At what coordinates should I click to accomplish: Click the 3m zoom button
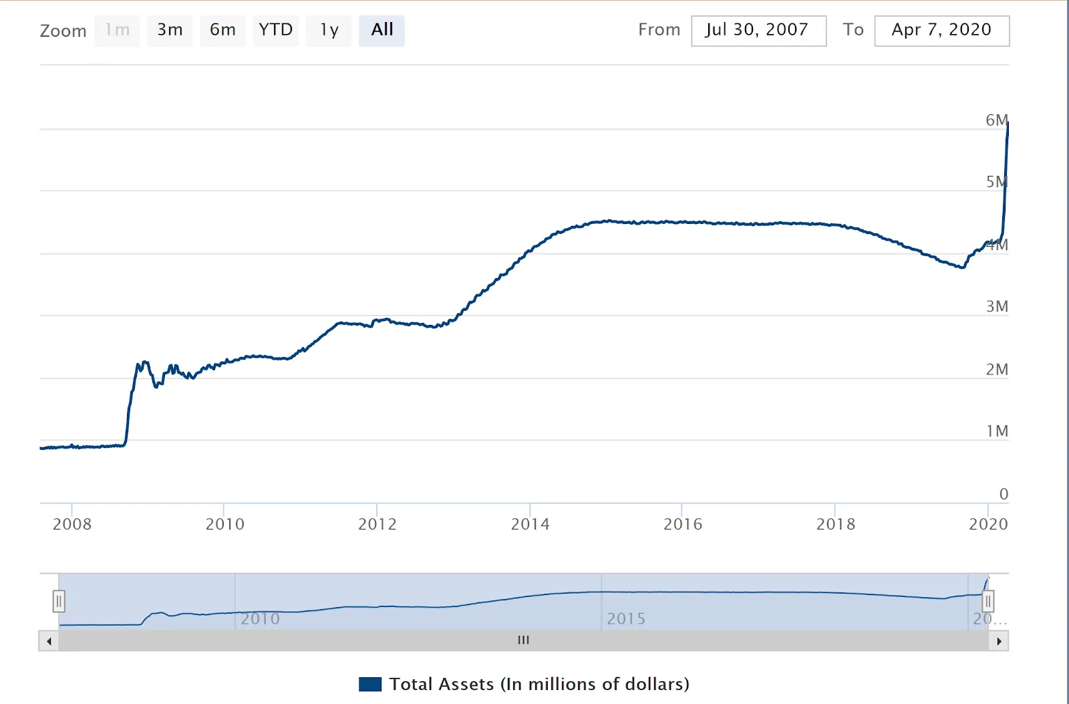tap(170, 30)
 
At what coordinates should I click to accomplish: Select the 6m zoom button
tap(222, 30)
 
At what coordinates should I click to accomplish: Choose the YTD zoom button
tap(275, 30)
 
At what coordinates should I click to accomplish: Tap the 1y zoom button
tap(329, 30)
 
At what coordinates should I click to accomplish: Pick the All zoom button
tap(381, 30)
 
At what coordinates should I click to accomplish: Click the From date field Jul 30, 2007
tap(758, 31)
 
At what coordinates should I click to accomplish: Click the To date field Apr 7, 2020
tap(941, 31)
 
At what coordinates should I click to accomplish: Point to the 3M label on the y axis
tap(997, 306)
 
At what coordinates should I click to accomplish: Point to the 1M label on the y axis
tap(997, 431)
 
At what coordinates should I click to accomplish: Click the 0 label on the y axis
tap(1004, 494)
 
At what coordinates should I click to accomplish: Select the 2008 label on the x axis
tap(72, 524)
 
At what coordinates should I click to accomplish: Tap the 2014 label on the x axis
tap(530, 524)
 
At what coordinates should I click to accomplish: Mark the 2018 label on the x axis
tap(835, 524)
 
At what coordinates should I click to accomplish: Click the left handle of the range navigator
tap(59, 602)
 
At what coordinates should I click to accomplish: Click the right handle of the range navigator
tap(988, 602)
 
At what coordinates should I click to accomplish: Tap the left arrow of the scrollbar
tap(49, 641)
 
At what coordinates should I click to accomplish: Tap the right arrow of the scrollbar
tap(999, 641)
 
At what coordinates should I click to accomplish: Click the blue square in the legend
tap(370, 684)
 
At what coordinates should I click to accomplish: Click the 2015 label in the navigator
tap(626, 619)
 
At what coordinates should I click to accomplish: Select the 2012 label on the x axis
tap(377, 524)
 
